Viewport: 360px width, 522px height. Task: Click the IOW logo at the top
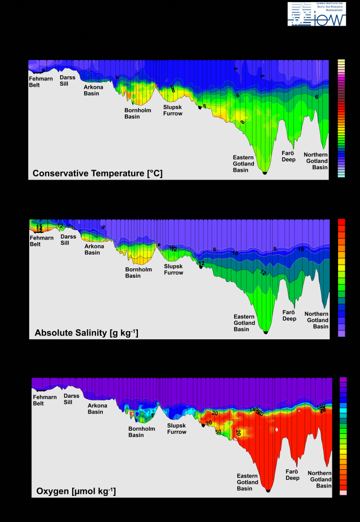click(x=317, y=14)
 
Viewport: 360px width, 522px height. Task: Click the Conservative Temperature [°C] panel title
click(x=98, y=173)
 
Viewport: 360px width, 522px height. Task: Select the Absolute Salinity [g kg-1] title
click(x=86, y=333)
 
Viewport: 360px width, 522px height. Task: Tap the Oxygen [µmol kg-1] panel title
click(x=76, y=491)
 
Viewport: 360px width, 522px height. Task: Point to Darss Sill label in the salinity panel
click(x=68, y=240)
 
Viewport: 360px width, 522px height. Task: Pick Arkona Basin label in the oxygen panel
click(x=96, y=409)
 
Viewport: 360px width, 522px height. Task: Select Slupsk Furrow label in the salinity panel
click(x=173, y=269)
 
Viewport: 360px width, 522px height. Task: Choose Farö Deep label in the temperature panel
click(x=289, y=156)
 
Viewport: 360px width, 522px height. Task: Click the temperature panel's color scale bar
click(x=341, y=118)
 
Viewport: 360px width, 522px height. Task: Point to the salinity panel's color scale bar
click(x=342, y=278)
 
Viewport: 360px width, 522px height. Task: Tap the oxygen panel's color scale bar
click(x=343, y=436)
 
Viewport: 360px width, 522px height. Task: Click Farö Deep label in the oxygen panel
click(x=292, y=474)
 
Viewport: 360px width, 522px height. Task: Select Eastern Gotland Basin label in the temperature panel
click(x=243, y=163)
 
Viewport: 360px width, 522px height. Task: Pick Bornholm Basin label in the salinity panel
click(x=138, y=272)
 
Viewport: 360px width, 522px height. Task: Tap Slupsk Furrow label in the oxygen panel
click(x=177, y=429)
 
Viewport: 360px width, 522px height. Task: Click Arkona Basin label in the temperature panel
click(x=94, y=90)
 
